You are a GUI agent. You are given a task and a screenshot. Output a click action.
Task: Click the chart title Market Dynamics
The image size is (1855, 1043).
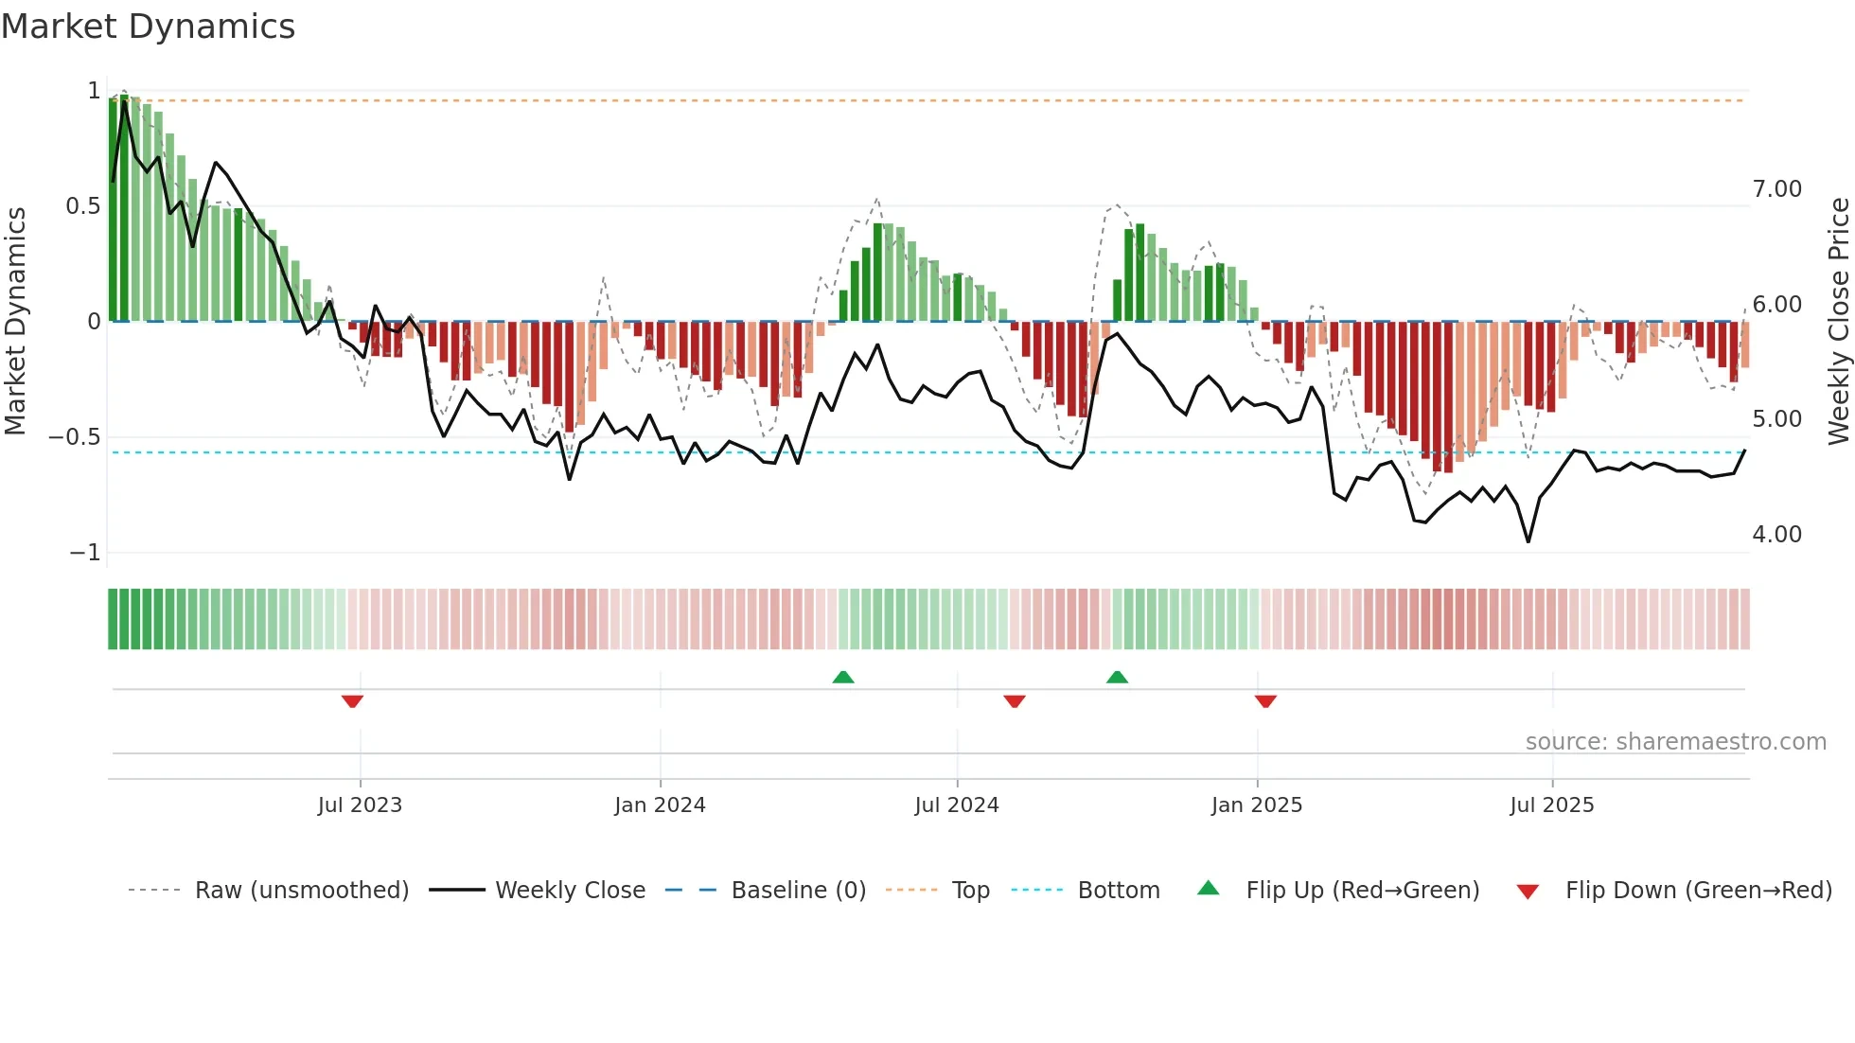[148, 27]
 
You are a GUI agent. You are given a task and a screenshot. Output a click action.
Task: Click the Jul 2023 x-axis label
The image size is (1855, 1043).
[360, 804]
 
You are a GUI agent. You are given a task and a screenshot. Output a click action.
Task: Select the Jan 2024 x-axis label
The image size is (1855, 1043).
[660, 804]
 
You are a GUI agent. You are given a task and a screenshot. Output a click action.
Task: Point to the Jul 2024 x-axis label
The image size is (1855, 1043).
[956, 804]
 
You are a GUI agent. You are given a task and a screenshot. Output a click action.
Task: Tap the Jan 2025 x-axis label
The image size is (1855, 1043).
[1256, 804]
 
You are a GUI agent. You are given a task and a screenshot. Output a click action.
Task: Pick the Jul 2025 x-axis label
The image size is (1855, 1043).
[1551, 804]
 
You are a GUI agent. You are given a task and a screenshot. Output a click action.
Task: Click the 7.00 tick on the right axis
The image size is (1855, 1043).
[1776, 189]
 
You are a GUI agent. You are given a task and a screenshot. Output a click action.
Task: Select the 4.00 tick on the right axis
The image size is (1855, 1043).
[1776, 535]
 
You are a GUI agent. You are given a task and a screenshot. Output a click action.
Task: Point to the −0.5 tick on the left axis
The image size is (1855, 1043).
[74, 437]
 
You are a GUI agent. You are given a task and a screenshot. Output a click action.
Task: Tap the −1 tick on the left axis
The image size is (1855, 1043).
[84, 553]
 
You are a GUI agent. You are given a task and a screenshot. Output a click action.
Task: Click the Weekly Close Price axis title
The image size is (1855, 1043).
[1838, 322]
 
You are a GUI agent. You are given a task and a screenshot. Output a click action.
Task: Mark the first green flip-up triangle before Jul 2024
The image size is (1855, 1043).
[843, 677]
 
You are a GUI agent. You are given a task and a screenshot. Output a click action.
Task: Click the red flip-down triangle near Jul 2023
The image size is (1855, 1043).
[352, 701]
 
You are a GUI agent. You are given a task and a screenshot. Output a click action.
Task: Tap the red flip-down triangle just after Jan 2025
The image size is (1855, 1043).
[1265, 701]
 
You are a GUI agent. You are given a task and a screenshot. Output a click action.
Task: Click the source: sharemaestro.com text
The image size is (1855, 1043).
[1675, 742]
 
